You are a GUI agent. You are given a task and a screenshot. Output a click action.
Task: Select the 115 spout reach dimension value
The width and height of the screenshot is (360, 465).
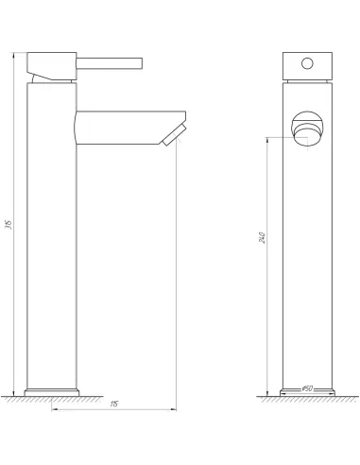point(113,404)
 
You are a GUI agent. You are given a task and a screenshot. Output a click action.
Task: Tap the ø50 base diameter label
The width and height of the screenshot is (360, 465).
point(307,388)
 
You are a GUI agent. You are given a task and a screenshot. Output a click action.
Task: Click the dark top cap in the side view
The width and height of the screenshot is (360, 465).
point(52,46)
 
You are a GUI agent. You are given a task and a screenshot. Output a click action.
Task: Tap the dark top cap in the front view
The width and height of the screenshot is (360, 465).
point(307,47)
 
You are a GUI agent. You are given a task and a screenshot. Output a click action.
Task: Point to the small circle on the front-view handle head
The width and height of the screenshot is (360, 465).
point(307,64)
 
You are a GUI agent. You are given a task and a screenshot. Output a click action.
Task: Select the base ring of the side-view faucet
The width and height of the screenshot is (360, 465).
point(52,391)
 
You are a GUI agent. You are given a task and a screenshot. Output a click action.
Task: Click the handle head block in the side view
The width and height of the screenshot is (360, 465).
point(51,64)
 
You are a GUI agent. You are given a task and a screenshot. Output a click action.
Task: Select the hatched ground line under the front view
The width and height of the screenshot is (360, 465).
point(307,400)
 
